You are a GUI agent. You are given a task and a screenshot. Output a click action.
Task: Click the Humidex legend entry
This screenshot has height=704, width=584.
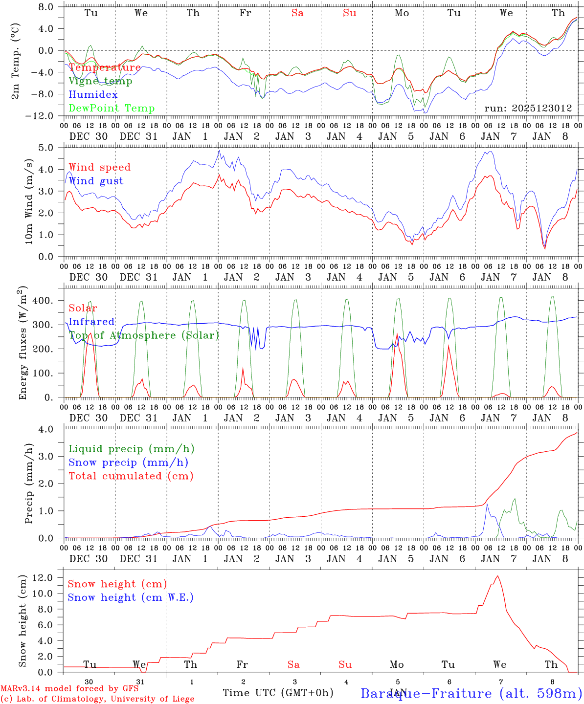pos(93,95)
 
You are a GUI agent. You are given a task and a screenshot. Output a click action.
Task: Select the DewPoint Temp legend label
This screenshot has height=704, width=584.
pos(112,109)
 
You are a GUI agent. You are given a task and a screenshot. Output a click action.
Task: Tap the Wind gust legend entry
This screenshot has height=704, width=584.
pos(96,181)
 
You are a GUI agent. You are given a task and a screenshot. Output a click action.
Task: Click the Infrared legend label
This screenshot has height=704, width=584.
pos(91,322)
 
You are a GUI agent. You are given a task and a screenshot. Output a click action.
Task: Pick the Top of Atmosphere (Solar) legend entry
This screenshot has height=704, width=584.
pos(143,335)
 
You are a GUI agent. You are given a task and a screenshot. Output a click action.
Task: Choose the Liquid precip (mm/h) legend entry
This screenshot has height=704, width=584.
pos(131,449)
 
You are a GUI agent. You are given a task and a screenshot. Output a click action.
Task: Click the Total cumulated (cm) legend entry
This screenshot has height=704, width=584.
pos(131,476)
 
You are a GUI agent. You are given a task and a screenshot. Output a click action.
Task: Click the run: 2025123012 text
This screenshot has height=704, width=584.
pos(528,109)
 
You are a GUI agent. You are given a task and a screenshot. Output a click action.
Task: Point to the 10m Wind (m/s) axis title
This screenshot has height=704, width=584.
pos(29,201)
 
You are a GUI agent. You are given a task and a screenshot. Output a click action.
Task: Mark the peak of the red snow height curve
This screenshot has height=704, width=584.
pos(498,576)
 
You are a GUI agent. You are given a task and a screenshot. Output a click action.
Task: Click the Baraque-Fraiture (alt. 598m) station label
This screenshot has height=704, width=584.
pos(471,693)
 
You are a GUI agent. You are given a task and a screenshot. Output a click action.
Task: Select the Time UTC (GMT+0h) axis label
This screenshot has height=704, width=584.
pos(278,693)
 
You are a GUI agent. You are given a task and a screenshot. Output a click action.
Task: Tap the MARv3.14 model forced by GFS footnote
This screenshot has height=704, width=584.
pos(69,688)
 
